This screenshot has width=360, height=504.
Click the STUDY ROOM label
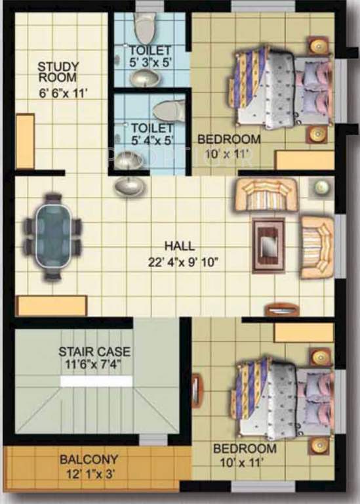(x=58, y=72)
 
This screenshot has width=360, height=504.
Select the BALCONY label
(x=89, y=459)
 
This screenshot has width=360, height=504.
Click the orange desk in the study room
(x=25, y=141)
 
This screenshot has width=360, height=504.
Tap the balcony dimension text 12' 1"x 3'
(x=90, y=473)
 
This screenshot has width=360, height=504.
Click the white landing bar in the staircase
(x=96, y=381)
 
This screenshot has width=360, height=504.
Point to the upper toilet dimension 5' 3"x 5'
(x=150, y=64)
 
